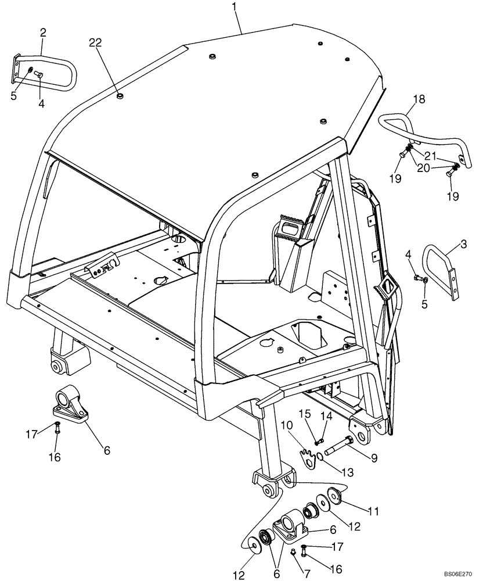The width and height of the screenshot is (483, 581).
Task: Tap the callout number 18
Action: point(419,99)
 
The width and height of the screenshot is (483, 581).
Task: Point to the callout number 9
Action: point(374,458)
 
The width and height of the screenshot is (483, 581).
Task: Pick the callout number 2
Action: point(43,33)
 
